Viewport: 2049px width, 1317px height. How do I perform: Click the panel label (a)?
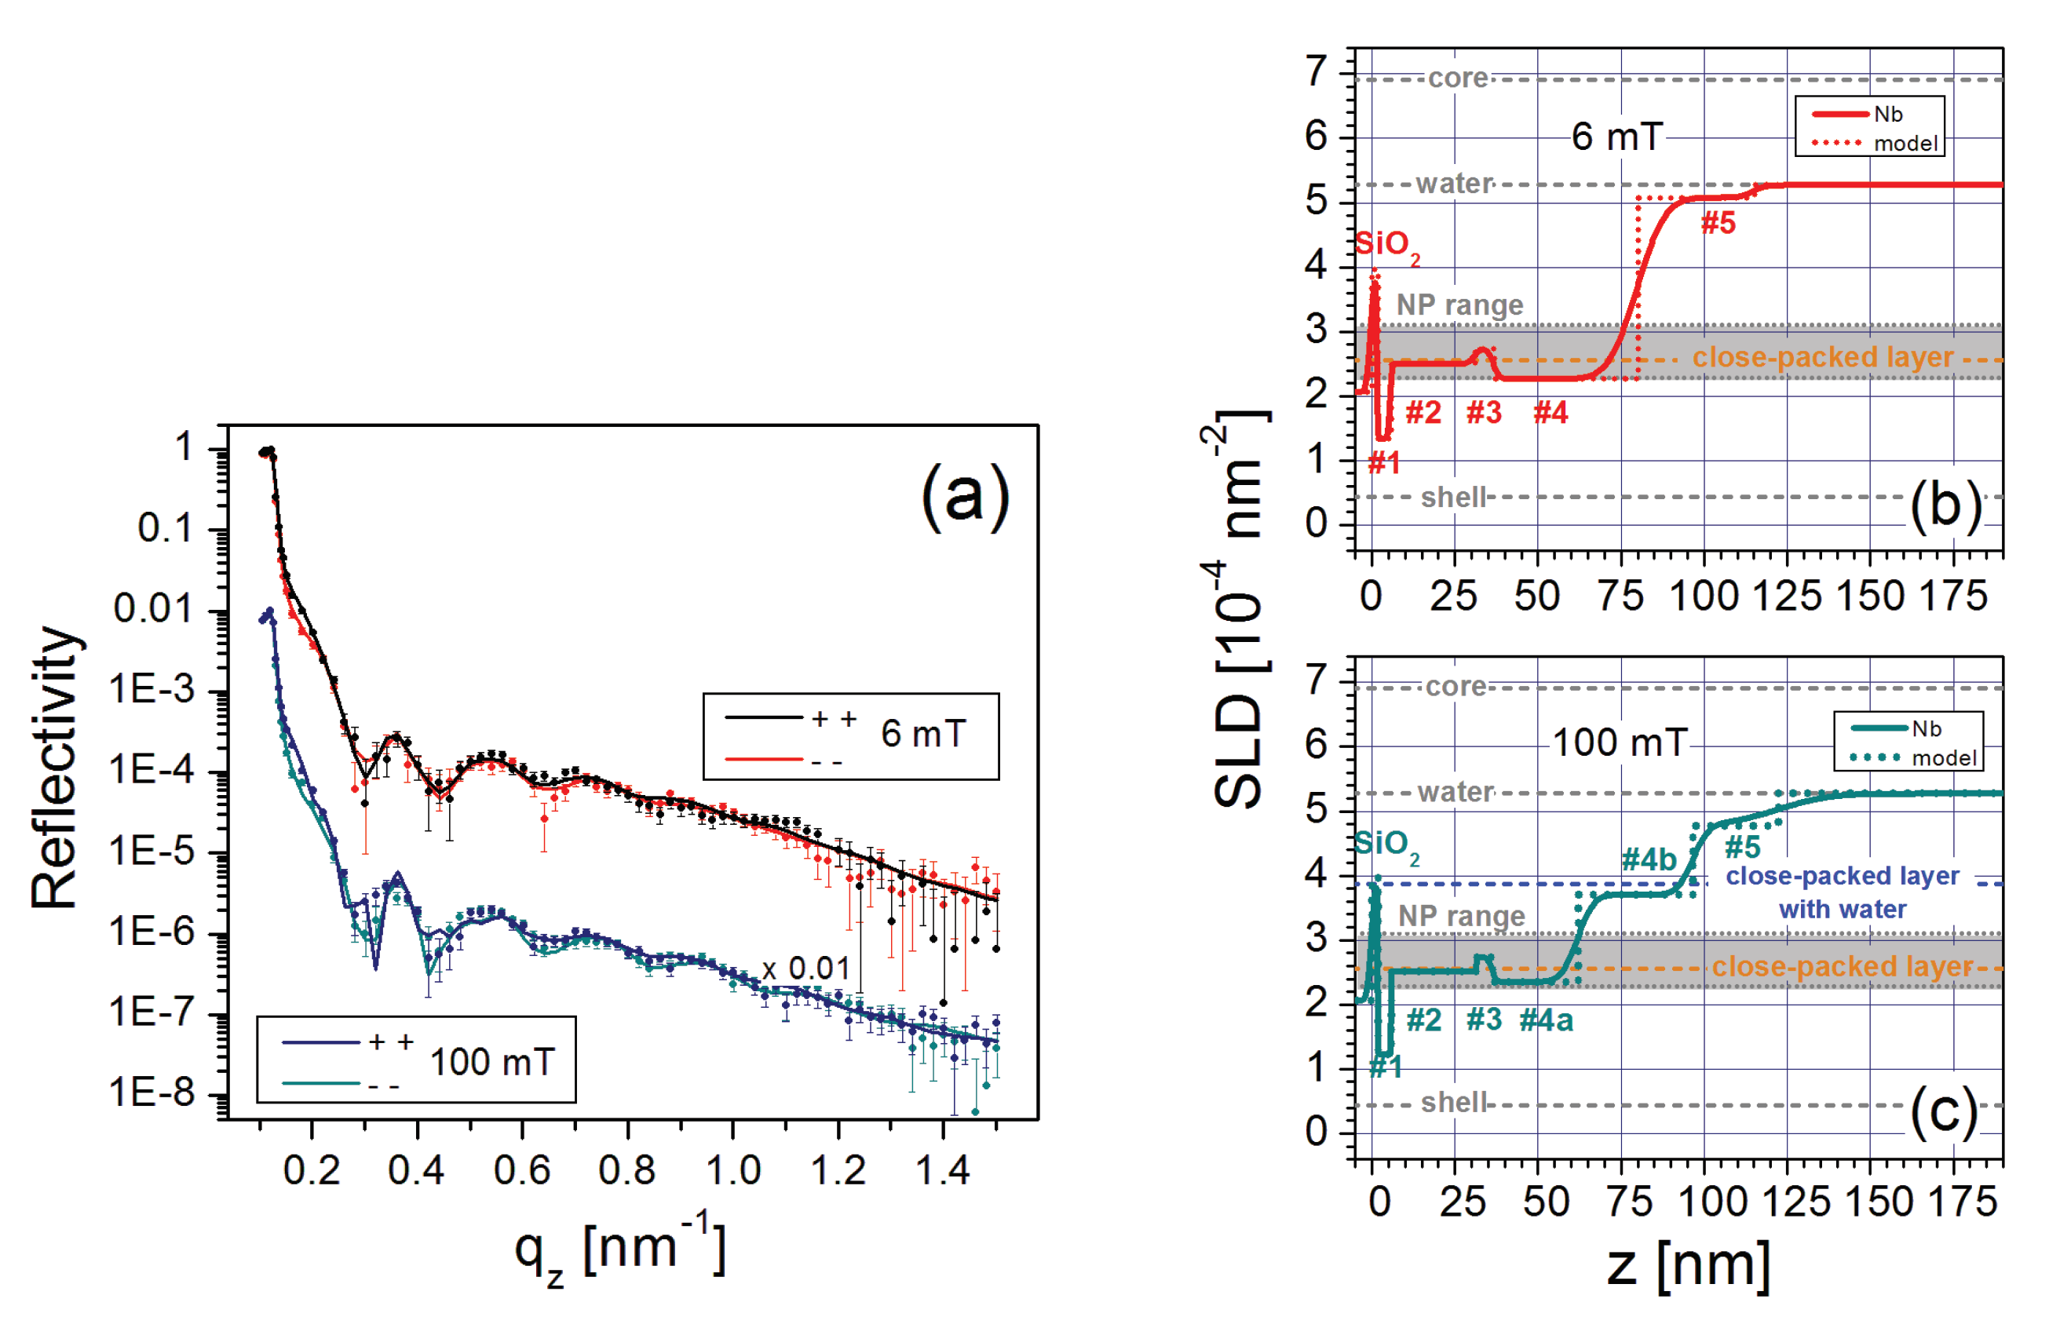point(965,498)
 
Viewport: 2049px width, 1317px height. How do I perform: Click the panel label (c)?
point(1944,1111)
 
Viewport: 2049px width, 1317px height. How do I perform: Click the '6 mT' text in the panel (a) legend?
point(922,734)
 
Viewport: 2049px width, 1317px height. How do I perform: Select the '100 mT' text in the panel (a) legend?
point(492,1062)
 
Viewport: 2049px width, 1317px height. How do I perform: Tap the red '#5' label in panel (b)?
point(1718,223)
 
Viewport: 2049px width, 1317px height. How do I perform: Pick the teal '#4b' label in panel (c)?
point(1649,859)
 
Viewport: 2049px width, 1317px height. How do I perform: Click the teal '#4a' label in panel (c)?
point(1546,1020)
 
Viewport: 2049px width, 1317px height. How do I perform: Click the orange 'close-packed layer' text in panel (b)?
point(1822,356)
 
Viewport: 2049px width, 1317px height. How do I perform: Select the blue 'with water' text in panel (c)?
point(1842,909)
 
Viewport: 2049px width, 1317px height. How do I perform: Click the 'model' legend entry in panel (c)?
point(1944,757)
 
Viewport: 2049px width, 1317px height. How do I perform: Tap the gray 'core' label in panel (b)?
point(1458,78)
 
